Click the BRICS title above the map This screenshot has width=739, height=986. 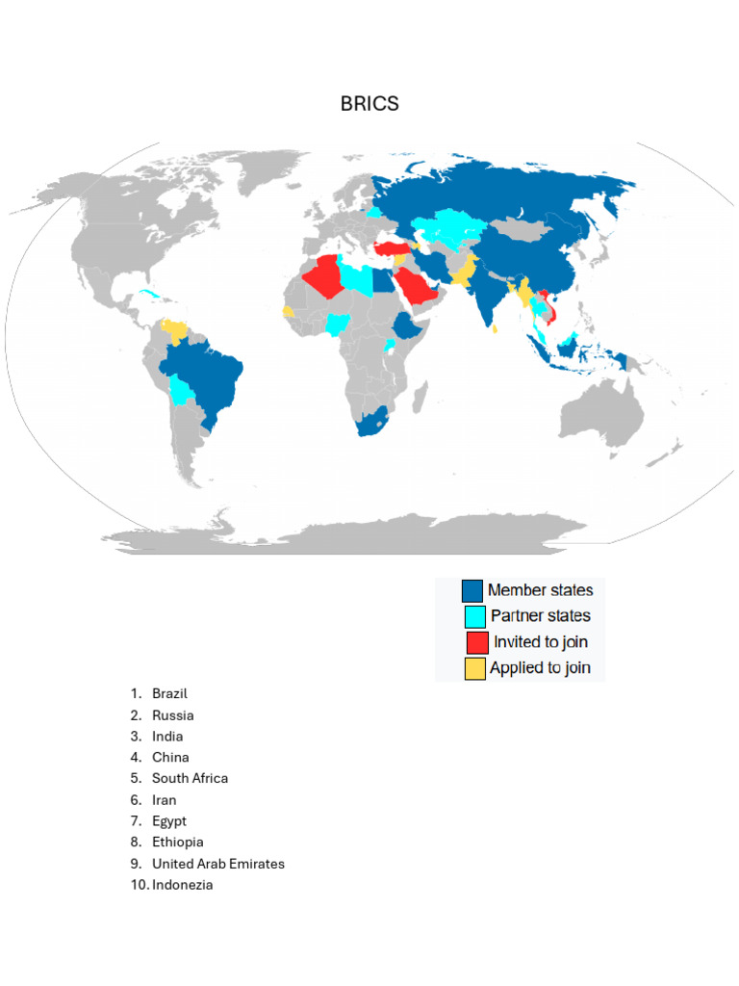click(369, 104)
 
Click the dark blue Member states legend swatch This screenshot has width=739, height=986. click(473, 591)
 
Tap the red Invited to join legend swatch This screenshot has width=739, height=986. click(475, 642)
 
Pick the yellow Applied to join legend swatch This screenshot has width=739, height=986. click(475, 668)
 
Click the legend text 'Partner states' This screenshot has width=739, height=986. click(540, 616)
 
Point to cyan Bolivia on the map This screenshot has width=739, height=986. click(181, 390)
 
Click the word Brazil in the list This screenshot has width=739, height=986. click(169, 693)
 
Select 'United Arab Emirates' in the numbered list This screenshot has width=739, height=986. click(217, 864)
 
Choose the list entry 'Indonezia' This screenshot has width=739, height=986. click(182, 885)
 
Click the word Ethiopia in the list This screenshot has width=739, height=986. click(177, 843)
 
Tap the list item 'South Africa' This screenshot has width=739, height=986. click(190, 778)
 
